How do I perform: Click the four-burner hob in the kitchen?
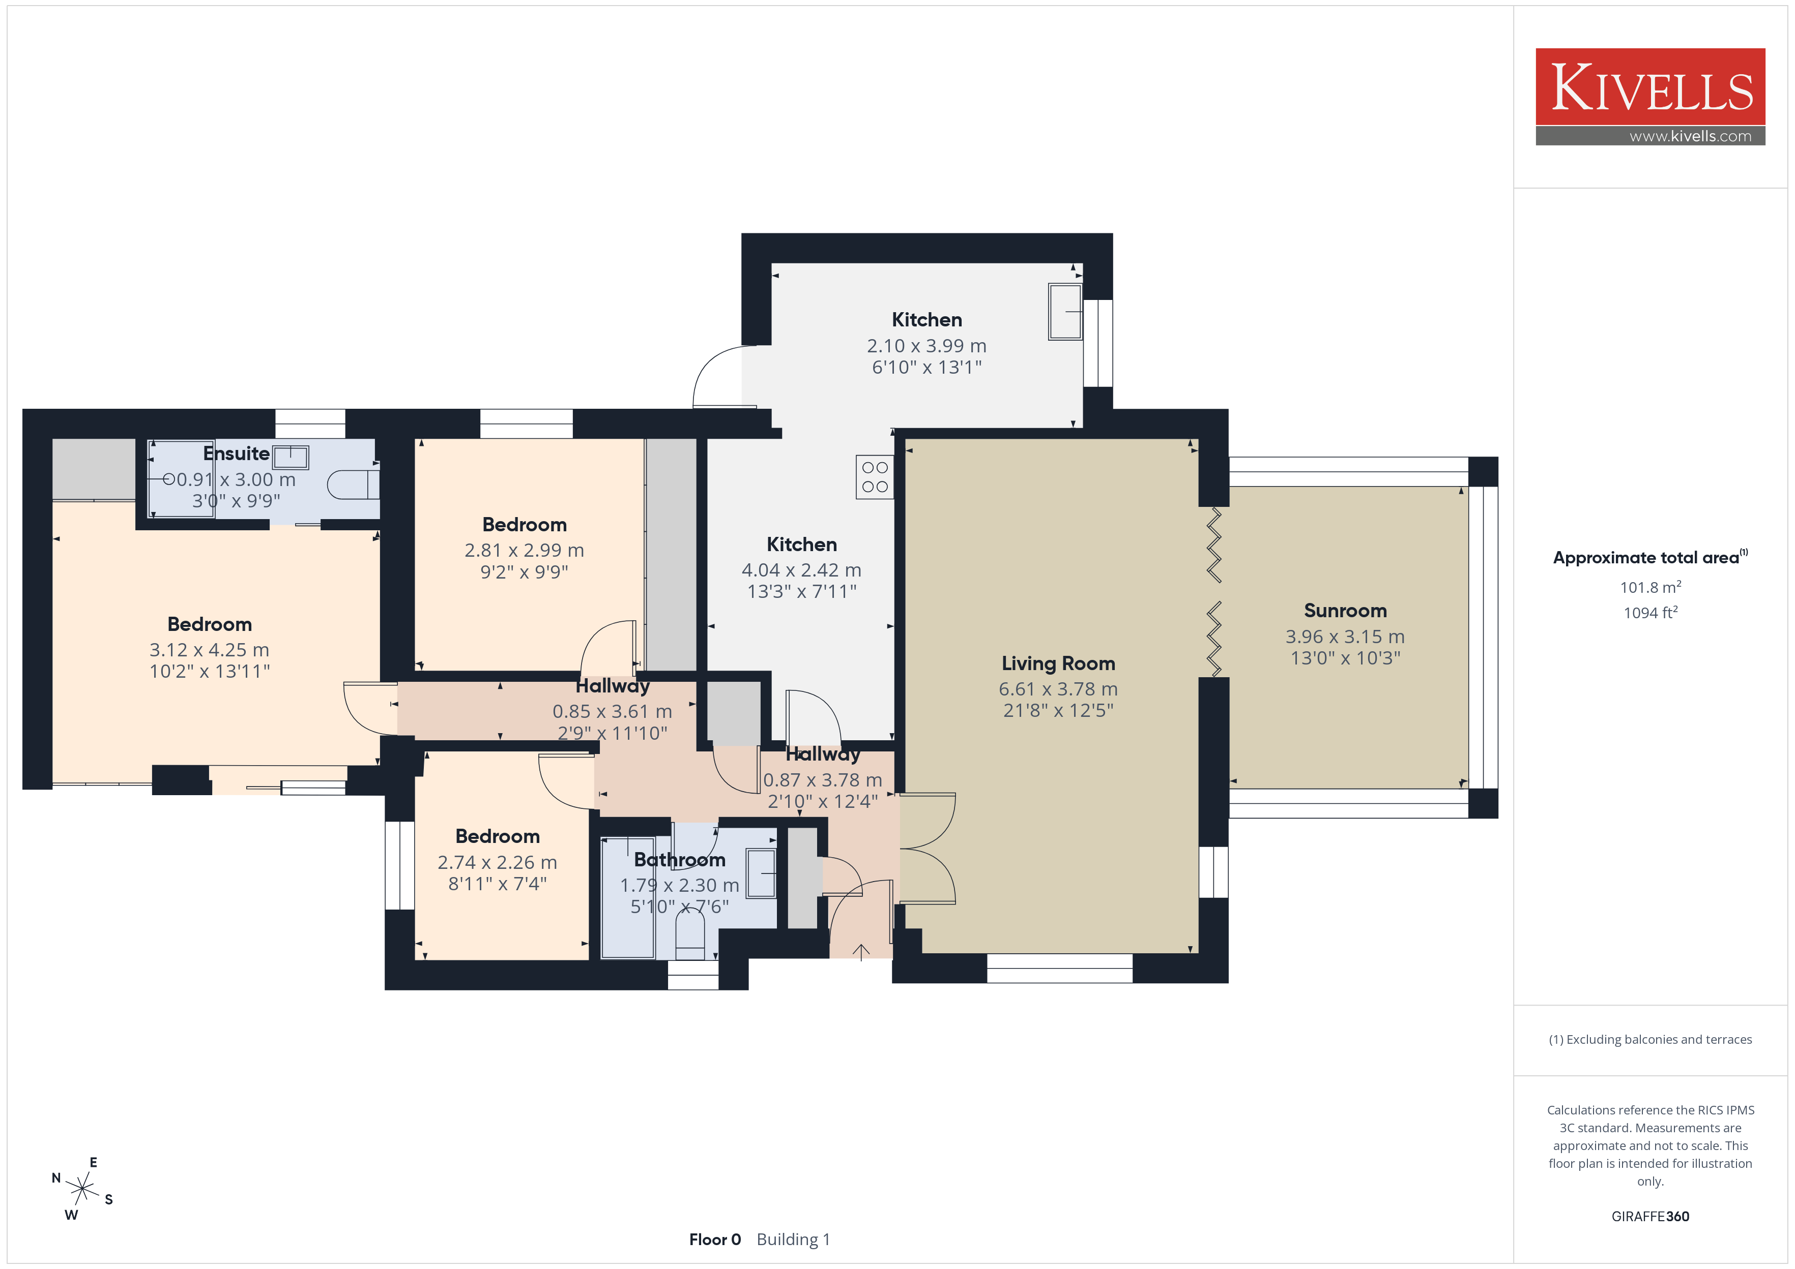pos(875,477)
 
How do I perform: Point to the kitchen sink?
pos(1065,312)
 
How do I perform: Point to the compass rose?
pos(82,1189)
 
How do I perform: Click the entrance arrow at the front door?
pos(861,952)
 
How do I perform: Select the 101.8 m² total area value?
pos(1651,587)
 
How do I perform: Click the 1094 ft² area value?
pos(1651,613)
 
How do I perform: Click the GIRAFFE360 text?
pos(1651,1217)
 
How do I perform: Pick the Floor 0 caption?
pos(714,1240)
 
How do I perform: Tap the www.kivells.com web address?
pos(1690,136)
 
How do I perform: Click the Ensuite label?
pos(236,453)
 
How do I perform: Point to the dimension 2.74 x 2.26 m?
pos(497,863)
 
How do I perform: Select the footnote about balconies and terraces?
pos(1651,1039)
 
